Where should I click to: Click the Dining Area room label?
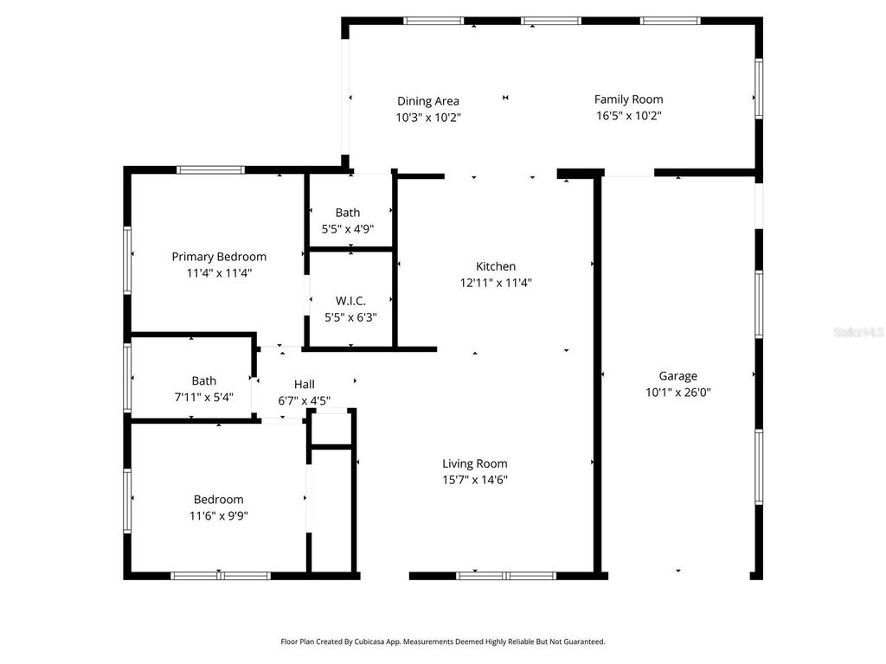click(427, 101)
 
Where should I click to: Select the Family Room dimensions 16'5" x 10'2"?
click(628, 116)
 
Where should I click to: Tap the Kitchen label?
click(496, 266)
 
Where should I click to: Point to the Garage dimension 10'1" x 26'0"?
click(677, 392)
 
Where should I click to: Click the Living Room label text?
click(475, 463)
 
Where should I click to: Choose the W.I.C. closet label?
click(350, 301)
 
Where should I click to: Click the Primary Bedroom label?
click(219, 257)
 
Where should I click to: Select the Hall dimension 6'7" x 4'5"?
click(304, 400)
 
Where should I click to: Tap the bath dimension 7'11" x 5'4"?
click(204, 398)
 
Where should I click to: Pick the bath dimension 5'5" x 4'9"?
click(348, 229)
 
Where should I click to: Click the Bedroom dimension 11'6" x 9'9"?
click(218, 516)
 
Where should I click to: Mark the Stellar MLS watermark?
click(857, 332)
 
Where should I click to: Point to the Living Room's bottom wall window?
click(506, 575)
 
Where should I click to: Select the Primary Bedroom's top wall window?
click(211, 169)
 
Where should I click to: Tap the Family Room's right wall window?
click(759, 88)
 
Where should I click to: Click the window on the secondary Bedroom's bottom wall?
click(221, 575)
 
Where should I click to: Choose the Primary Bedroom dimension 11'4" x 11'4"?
click(219, 273)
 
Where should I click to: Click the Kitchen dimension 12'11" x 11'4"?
click(496, 283)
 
